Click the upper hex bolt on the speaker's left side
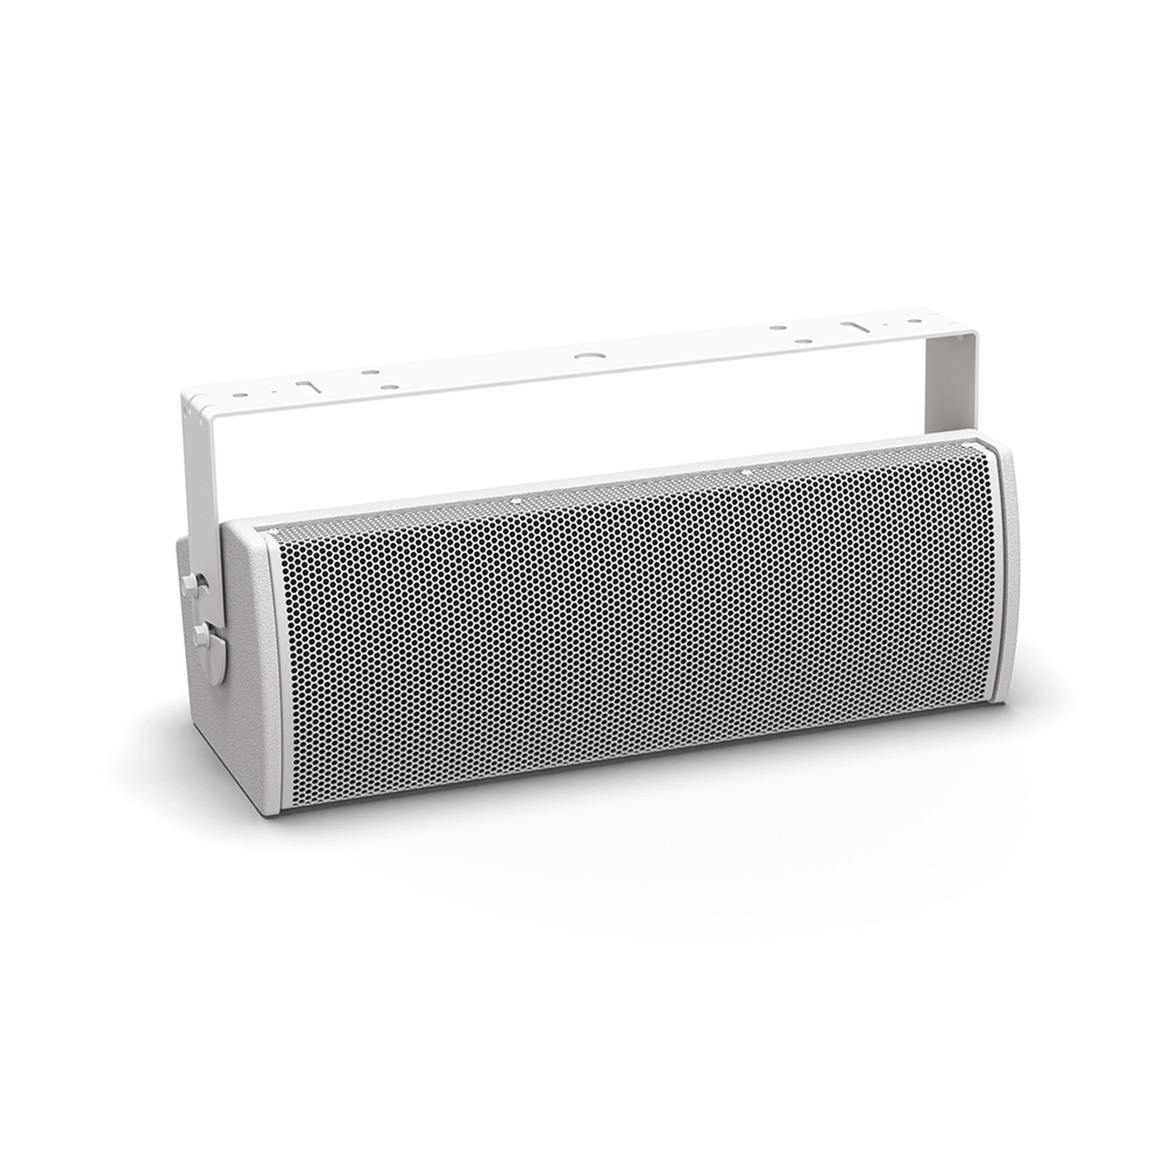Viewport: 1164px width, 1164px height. tap(187, 583)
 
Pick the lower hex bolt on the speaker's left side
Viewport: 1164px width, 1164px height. tap(200, 632)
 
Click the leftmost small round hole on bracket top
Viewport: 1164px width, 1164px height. tap(241, 397)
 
